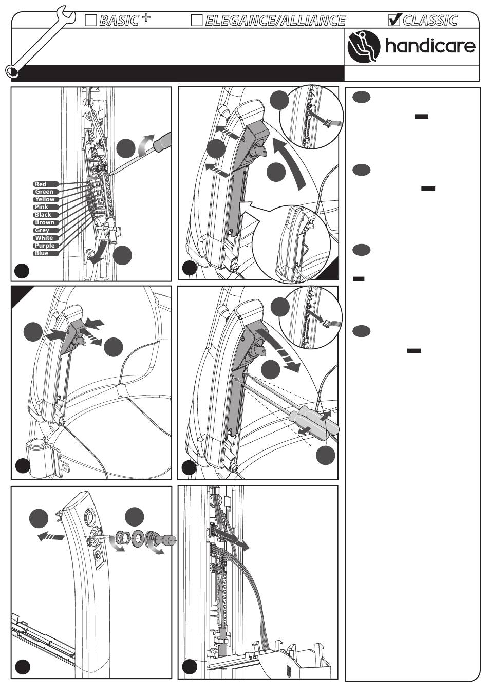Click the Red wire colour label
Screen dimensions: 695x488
coord(41,184)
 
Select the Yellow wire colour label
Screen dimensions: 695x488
coord(45,199)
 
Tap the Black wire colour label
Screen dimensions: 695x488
coord(43,215)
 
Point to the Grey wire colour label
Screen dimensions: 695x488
coord(42,230)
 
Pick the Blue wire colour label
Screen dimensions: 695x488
coord(42,253)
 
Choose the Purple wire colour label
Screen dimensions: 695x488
coord(45,246)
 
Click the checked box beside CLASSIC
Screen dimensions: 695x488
coord(395,20)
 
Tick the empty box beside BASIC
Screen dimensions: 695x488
coord(91,20)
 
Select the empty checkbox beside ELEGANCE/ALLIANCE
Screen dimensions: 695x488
coord(197,21)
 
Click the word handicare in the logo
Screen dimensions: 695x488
coord(430,47)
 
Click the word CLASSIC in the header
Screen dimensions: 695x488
coord(430,21)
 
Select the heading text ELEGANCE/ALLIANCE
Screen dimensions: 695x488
coord(275,21)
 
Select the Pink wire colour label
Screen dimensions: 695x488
coord(42,207)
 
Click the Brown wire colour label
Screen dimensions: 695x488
coord(45,222)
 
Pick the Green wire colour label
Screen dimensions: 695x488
coord(44,192)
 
